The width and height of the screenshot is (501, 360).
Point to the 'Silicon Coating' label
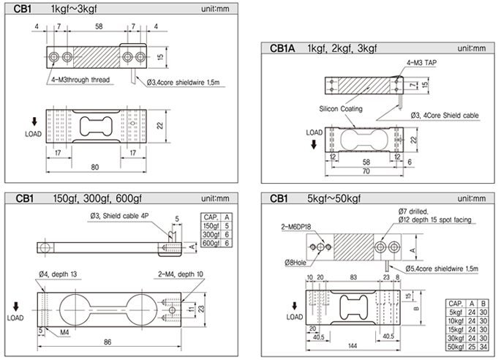[x=340, y=108]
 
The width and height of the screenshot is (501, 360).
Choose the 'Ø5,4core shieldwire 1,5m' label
[x=430, y=270]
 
